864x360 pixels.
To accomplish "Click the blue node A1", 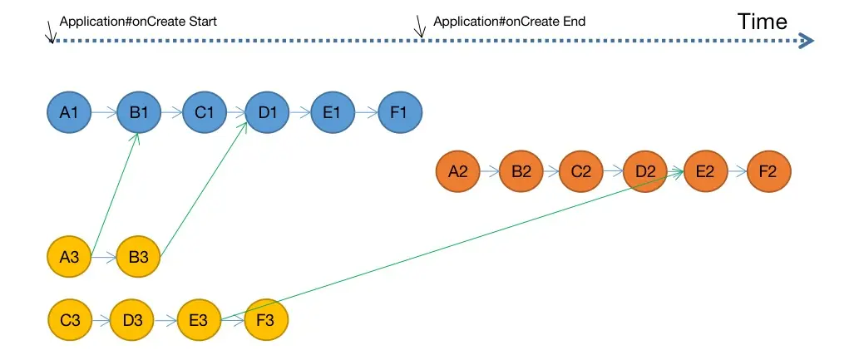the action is coord(69,112).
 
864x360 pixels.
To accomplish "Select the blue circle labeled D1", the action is coord(267,112).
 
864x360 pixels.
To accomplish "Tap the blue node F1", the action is coord(400,112).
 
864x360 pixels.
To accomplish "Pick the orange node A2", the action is coord(458,171).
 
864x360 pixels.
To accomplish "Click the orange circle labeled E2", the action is coord(705,171).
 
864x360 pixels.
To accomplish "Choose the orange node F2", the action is coord(768,171).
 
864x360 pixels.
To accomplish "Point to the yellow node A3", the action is coord(69,256).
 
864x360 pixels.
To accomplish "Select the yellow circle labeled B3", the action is coord(138,256).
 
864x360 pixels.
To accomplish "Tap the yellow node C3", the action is coord(70,320).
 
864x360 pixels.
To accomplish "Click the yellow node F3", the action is coord(266,320).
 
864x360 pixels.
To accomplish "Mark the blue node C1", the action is coord(205,112).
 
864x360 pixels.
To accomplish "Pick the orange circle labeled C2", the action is coord(580,171).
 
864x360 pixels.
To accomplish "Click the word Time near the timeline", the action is coord(763,22).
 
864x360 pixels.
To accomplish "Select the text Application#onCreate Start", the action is coord(138,22).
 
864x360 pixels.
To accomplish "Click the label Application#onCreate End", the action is coord(509,22).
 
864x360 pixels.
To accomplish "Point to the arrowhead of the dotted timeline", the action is coord(807,40).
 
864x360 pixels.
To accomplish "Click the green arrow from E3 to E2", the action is coord(452,244).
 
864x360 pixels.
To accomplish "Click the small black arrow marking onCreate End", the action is coord(421,26).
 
